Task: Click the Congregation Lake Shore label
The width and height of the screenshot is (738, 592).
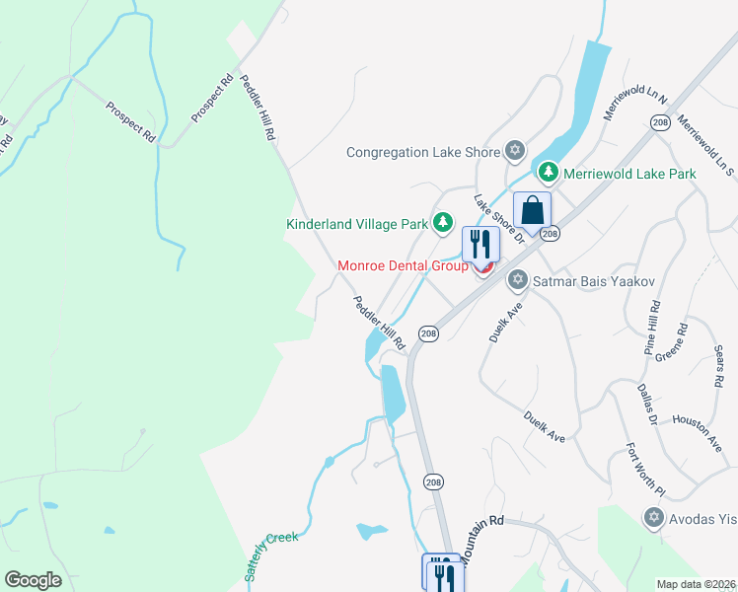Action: click(x=423, y=152)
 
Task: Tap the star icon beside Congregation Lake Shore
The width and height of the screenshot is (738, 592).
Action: click(x=513, y=151)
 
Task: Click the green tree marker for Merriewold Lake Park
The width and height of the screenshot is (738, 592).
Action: click(x=549, y=174)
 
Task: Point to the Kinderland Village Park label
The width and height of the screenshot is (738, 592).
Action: click(x=356, y=224)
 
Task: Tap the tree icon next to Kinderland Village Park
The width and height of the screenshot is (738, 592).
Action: click(x=443, y=223)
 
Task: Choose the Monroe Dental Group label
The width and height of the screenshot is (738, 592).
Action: click(x=403, y=265)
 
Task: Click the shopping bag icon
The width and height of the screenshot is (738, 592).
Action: click(x=532, y=211)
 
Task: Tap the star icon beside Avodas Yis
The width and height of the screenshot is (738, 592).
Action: click(x=652, y=517)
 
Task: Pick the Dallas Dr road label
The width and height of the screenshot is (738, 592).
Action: click(x=647, y=405)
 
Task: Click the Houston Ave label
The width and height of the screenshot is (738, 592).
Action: click(x=698, y=432)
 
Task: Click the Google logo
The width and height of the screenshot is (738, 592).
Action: click(x=33, y=580)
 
